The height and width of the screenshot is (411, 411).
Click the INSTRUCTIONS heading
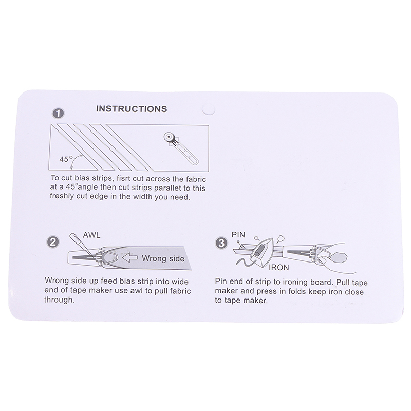(x=132, y=109)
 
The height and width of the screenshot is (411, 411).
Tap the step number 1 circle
(x=58, y=114)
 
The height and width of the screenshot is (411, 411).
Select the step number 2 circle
(x=52, y=242)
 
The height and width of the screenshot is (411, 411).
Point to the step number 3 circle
(x=221, y=243)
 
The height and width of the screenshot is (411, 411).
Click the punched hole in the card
(x=209, y=109)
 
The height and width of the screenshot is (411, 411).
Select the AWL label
(x=91, y=235)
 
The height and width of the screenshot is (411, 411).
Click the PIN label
(x=238, y=235)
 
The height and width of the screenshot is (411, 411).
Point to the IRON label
(x=278, y=268)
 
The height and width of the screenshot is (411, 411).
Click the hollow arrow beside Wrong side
(x=130, y=258)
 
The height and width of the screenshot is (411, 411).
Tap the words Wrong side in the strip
(x=163, y=259)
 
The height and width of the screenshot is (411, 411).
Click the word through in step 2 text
(x=59, y=300)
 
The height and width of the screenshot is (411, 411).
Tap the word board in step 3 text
(x=322, y=282)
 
